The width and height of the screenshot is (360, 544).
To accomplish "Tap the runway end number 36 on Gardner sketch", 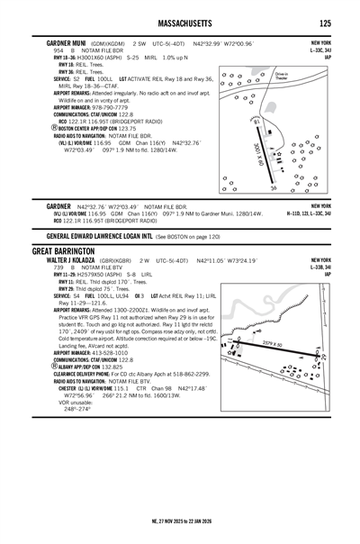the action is [x=274, y=188].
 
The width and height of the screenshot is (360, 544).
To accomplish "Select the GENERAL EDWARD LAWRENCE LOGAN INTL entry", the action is [x=97, y=234].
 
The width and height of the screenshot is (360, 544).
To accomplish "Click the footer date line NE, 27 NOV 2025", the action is [x=180, y=521].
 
